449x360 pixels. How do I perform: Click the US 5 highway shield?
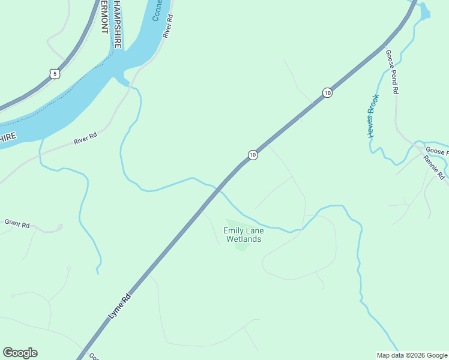(55, 74)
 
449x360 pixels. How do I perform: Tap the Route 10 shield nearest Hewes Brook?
(327, 92)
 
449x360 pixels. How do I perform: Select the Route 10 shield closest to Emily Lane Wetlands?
(253, 155)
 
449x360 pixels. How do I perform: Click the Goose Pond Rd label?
(392, 72)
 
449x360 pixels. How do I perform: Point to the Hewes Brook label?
(373, 116)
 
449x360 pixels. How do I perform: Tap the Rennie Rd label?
(433, 167)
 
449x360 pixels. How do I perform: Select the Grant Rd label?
(17, 224)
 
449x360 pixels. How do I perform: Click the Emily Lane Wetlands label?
(243, 235)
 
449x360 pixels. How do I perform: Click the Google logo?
(20, 353)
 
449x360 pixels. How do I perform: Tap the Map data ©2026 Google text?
(411, 355)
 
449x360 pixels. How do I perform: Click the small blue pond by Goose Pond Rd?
(424, 11)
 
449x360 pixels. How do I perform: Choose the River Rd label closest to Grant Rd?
(85, 139)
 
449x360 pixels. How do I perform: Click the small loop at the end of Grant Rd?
(59, 227)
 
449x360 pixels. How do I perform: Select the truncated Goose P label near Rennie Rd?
(436, 151)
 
